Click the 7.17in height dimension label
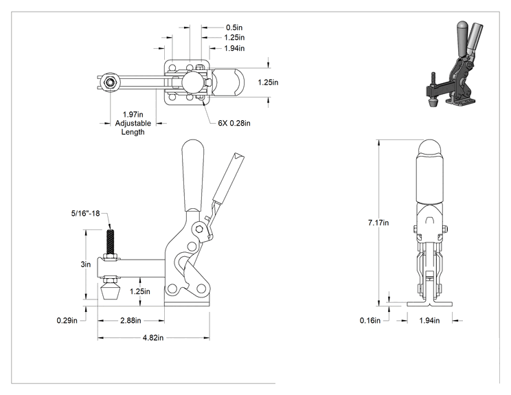[x=378, y=223]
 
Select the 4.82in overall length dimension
[x=153, y=338]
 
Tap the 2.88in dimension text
[x=130, y=321]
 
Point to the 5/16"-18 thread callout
[x=85, y=214]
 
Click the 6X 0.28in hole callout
[x=234, y=123]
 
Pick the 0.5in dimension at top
[x=234, y=27]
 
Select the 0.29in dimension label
[x=67, y=321]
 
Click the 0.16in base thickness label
[x=370, y=321]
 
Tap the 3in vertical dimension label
[x=86, y=264]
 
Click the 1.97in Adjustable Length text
[x=133, y=123]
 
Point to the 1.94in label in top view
[x=234, y=48]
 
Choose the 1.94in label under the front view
[x=429, y=321]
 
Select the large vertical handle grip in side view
[x=194, y=176]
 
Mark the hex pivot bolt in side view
[x=198, y=229]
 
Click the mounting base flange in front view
[x=429, y=304]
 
